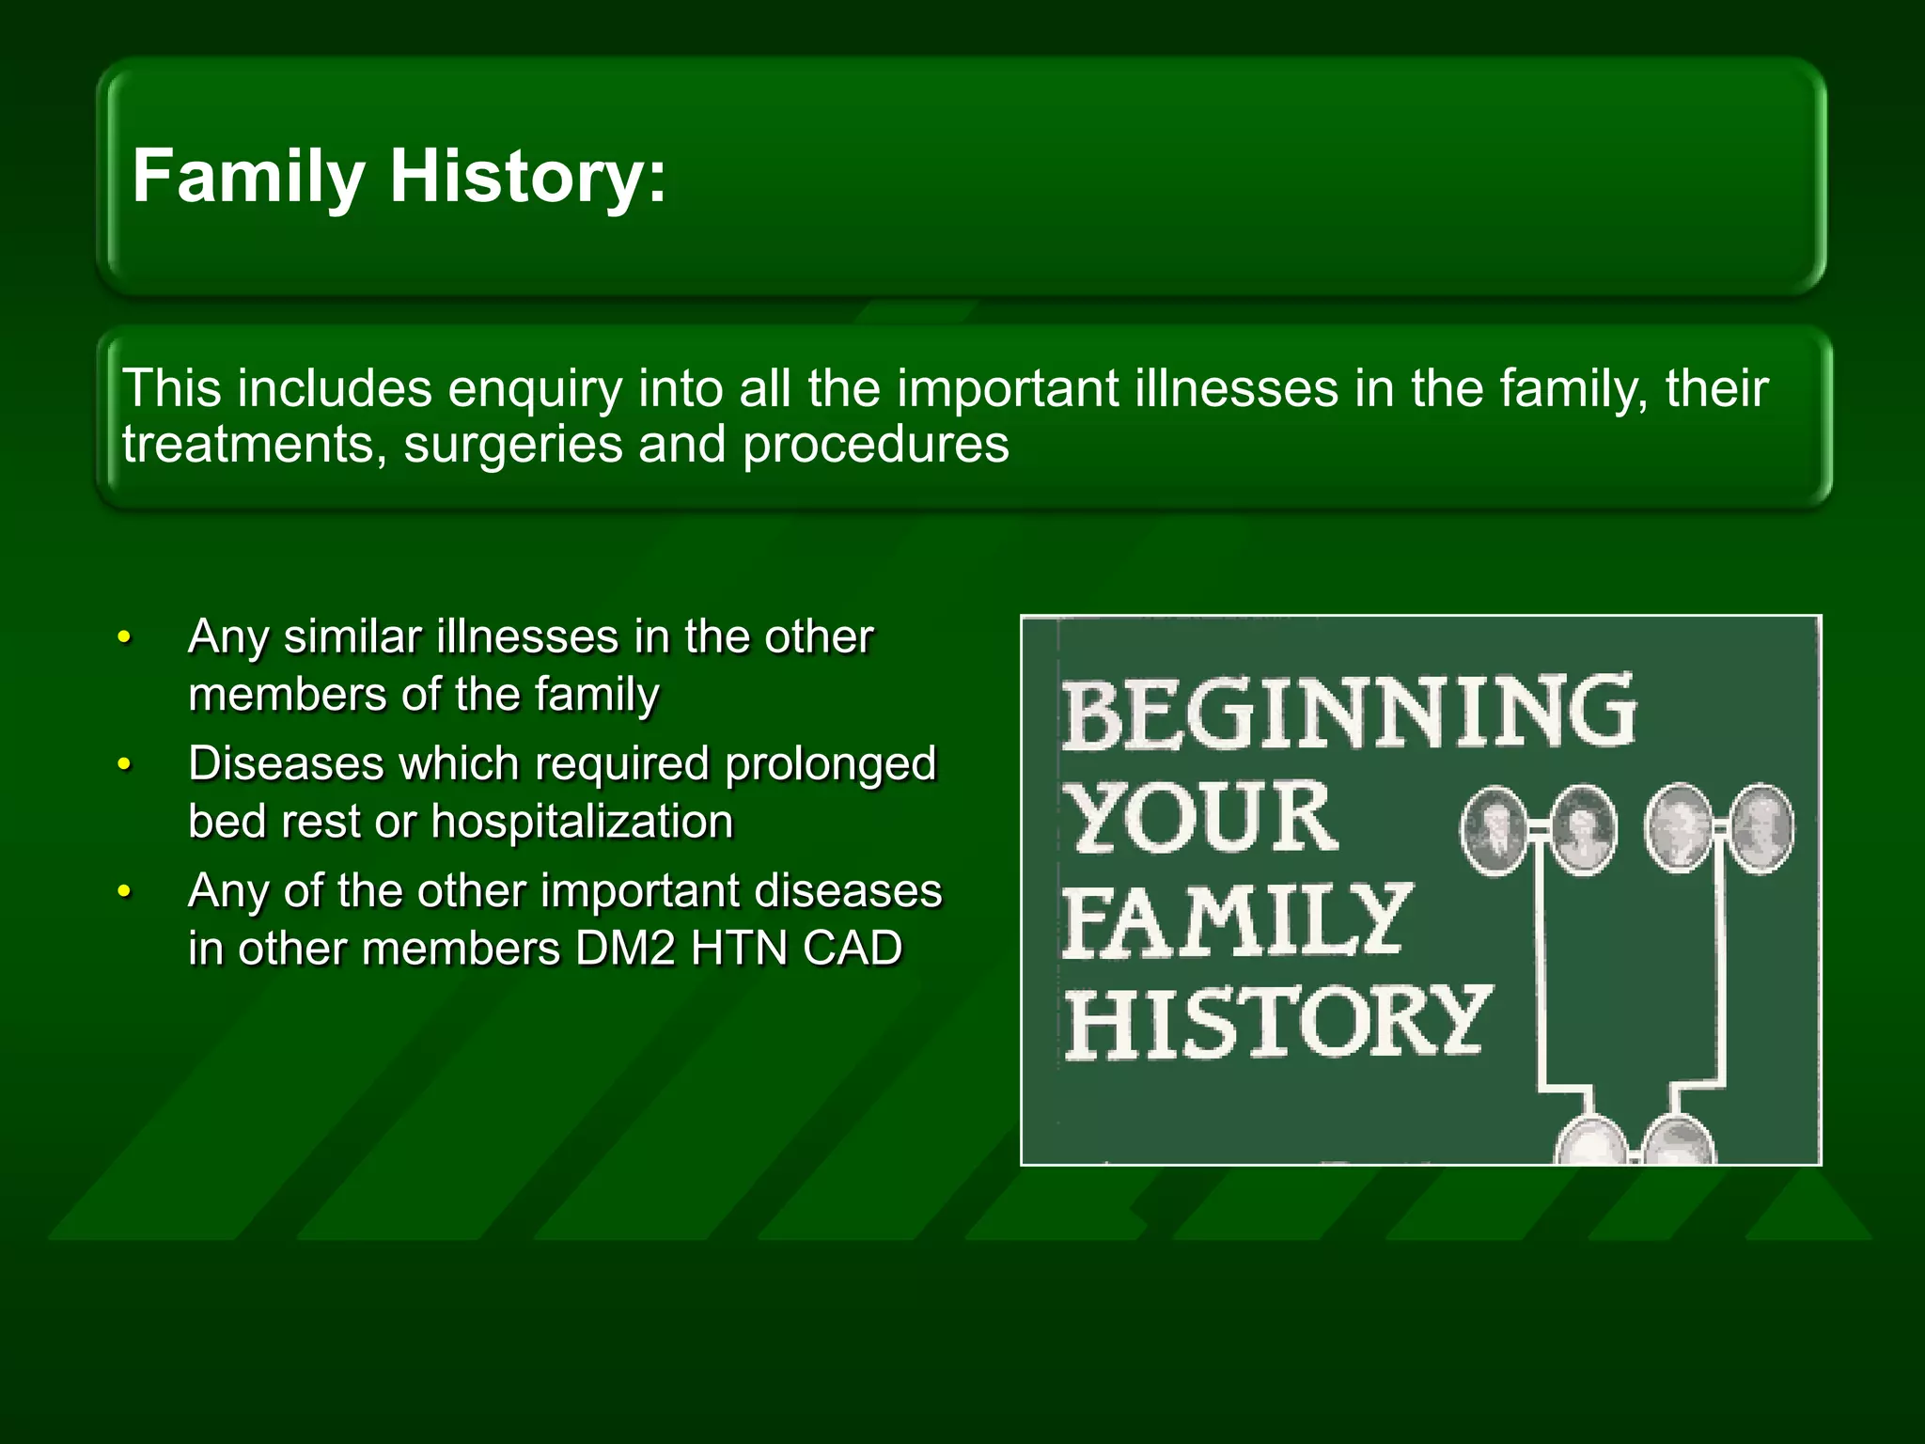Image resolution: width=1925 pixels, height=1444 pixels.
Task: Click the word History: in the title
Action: [x=527, y=177]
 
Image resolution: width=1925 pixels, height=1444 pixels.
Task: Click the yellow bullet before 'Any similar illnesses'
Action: [x=124, y=638]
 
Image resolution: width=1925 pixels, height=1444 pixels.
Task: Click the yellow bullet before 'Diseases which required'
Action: [x=124, y=765]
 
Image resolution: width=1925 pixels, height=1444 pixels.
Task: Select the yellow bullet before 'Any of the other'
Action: [x=124, y=891]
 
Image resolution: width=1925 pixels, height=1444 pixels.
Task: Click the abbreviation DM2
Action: [x=625, y=949]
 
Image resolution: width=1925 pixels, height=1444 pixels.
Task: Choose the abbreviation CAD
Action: [x=853, y=949]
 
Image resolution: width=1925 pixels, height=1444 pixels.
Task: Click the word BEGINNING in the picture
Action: [x=1349, y=713]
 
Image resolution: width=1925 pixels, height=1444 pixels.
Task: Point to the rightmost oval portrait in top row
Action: [x=1761, y=829]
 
